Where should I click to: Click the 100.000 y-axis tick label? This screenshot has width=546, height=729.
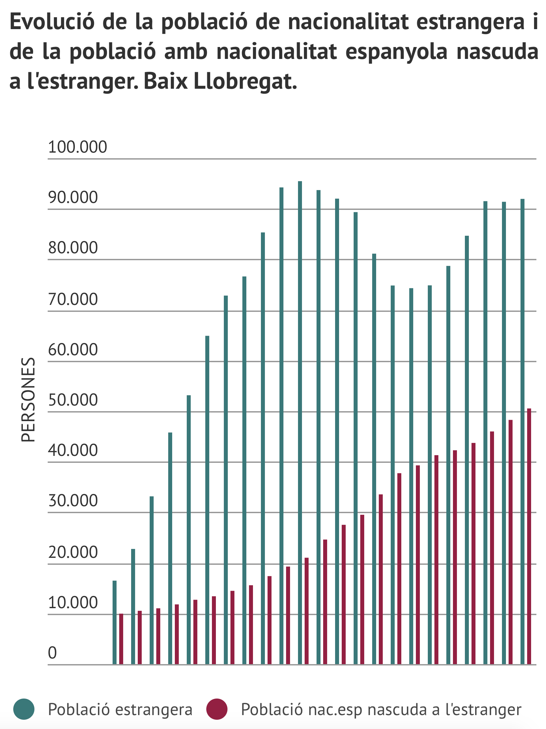point(77,147)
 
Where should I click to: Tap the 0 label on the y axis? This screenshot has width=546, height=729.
point(52,653)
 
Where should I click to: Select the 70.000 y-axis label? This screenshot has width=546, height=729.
point(73,299)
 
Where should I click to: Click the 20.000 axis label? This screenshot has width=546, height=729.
point(73,552)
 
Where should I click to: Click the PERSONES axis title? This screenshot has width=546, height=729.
point(28,400)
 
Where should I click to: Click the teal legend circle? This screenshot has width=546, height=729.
point(24,709)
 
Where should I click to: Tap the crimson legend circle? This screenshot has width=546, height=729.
point(217,709)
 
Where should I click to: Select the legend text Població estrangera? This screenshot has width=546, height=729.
point(120,709)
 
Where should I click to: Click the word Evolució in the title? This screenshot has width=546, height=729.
point(52,22)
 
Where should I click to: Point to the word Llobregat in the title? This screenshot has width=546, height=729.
point(245,81)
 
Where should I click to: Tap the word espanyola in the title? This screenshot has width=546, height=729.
point(396,52)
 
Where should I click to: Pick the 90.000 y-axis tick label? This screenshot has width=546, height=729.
point(73,197)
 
